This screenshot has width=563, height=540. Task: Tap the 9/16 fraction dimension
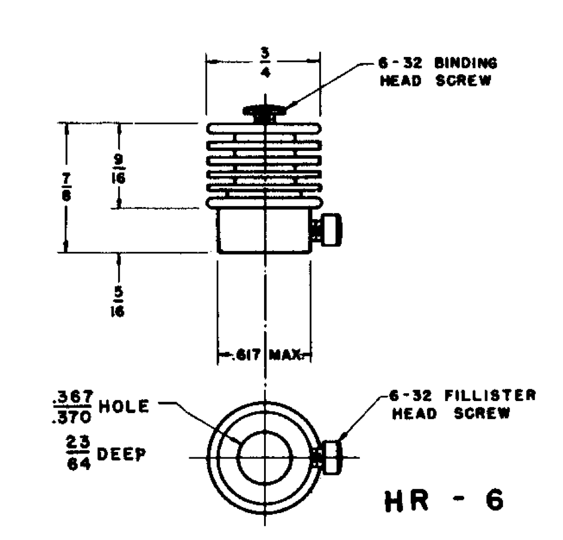119,169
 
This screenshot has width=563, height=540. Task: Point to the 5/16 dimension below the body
119,304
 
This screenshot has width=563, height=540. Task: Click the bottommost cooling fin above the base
264,202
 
